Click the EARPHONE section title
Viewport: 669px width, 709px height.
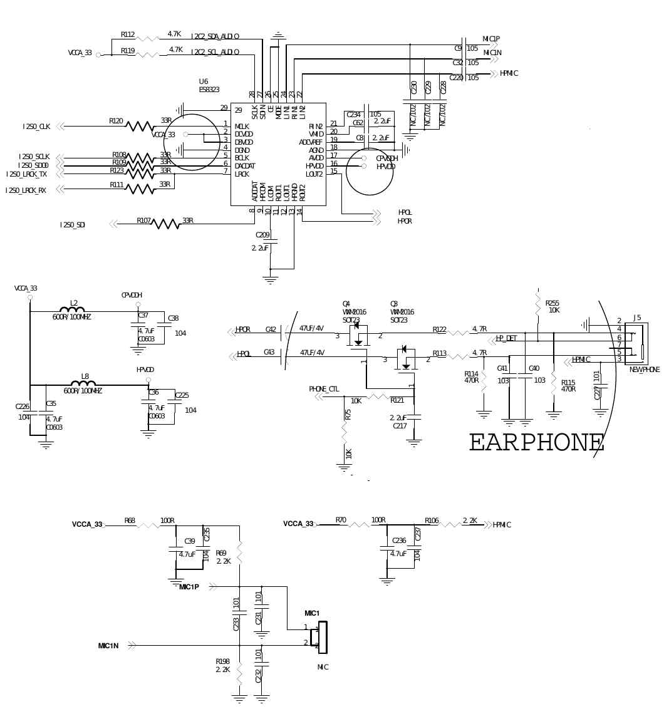pos(536,443)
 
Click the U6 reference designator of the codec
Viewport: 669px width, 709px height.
pos(204,81)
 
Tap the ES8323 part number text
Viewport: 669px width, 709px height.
pos(209,90)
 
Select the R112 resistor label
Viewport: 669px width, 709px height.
pos(128,35)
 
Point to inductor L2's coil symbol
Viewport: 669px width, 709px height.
pos(72,309)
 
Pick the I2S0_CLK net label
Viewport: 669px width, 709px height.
pos(36,127)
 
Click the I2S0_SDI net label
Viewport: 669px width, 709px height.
pos(73,225)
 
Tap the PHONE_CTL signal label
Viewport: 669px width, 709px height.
pos(324,389)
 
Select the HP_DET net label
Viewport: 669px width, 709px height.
pos(506,338)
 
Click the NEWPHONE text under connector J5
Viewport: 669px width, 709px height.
pos(644,370)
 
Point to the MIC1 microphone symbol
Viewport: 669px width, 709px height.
pos(323,637)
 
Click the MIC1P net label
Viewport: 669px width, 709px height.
pos(189,587)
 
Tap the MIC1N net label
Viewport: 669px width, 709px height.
pos(108,646)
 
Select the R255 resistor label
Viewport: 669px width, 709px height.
pos(552,303)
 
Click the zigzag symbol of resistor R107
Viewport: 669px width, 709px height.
pos(166,224)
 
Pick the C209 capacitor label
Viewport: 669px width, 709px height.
pos(262,235)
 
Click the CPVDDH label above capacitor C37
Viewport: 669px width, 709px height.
pos(132,295)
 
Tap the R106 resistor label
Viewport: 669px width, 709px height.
pos(432,520)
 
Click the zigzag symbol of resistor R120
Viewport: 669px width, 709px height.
pos(139,126)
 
